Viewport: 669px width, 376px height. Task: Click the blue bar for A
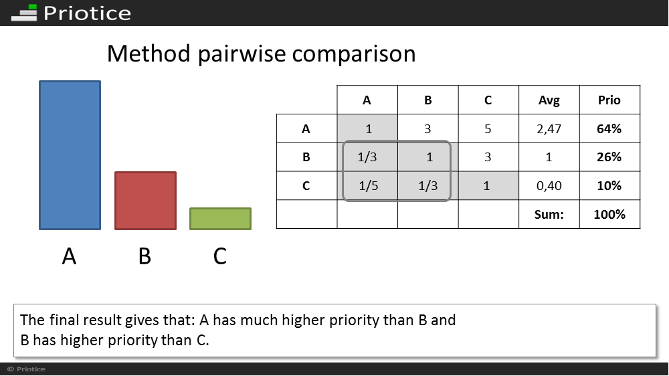pos(70,155)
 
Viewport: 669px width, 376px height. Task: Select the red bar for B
pos(145,201)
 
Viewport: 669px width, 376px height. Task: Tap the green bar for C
pos(221,219)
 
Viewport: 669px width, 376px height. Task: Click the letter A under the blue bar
pos(69,256)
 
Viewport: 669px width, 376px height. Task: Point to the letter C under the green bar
pos(219,256)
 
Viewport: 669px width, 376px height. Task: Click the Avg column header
pos(549,100)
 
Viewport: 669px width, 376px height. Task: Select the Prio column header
pos(609,100)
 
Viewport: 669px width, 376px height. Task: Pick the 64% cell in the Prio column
pos(609,129)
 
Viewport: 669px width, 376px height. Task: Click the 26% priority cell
pos(609,157)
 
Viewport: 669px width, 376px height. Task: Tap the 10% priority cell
pos(609,185)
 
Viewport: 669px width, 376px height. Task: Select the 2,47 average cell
pos(549,129)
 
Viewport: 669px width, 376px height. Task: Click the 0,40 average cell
pos(549,185)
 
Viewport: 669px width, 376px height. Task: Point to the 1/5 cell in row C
pos(368,185)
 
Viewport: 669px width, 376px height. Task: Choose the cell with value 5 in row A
pos(488,129)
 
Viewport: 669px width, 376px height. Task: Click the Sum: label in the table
pos(549,214)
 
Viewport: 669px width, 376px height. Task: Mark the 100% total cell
pos(609,214)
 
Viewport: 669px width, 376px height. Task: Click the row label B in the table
pos(306,157)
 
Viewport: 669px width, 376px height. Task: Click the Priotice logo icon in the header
pos(24,13)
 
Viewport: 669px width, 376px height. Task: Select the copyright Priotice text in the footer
pos(27,369)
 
